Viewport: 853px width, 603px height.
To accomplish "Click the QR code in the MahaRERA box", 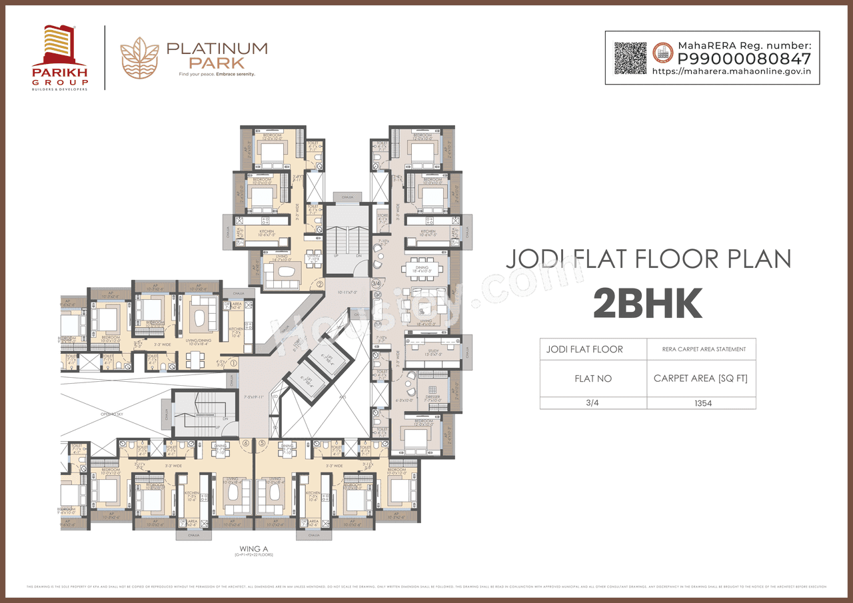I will [x=630, y=58].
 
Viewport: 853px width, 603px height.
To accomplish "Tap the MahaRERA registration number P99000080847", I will [x=744, y=58].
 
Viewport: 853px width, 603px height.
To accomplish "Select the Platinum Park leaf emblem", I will [x=139, y=58].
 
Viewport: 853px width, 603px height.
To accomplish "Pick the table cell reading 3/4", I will [x=593, y=403].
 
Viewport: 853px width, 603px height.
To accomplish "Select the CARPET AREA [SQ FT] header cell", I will [x=700, y=378].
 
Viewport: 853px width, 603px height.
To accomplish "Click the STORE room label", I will [x=382, y=215].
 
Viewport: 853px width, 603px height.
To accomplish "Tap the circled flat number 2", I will [x=320, y=284].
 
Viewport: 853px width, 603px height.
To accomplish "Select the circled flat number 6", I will [x=246, y=442].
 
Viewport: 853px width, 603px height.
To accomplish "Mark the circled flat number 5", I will [x=263, y=442].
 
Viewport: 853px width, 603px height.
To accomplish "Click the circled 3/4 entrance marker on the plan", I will [x=376, y=284].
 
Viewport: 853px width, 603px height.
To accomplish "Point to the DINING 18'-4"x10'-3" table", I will [x=426, y=269].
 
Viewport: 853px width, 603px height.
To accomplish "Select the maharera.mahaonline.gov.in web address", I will [x=730, y=71].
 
